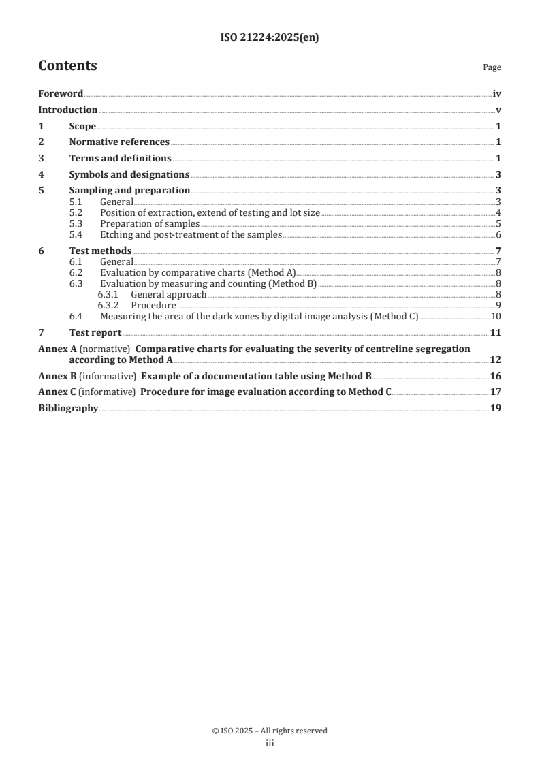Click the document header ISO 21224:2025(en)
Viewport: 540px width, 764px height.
click(270, 38)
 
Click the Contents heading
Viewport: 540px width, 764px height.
click(67, 66)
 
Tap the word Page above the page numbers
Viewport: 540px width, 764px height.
click(492, 67)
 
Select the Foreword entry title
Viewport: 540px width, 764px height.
click(61, 94)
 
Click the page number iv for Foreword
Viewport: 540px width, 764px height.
click(497, 94)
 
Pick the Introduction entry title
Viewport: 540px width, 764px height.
click(67, 110)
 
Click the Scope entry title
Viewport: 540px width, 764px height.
click(82, 126)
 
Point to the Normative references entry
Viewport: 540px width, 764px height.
click(119, 142)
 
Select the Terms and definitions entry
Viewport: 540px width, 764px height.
click(120, 158)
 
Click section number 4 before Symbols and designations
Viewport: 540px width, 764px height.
click(41, 174)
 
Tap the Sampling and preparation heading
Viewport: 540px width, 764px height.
click(129, 190)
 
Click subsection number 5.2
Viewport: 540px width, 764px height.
click(76, 212)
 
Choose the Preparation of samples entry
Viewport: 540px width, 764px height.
click(149, 223)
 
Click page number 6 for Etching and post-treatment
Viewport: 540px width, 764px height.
click(498, 235)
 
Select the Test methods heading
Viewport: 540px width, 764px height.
click(100, 251)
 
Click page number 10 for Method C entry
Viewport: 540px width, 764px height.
click(496, 317)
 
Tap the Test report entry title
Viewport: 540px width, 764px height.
click(95, 332)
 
